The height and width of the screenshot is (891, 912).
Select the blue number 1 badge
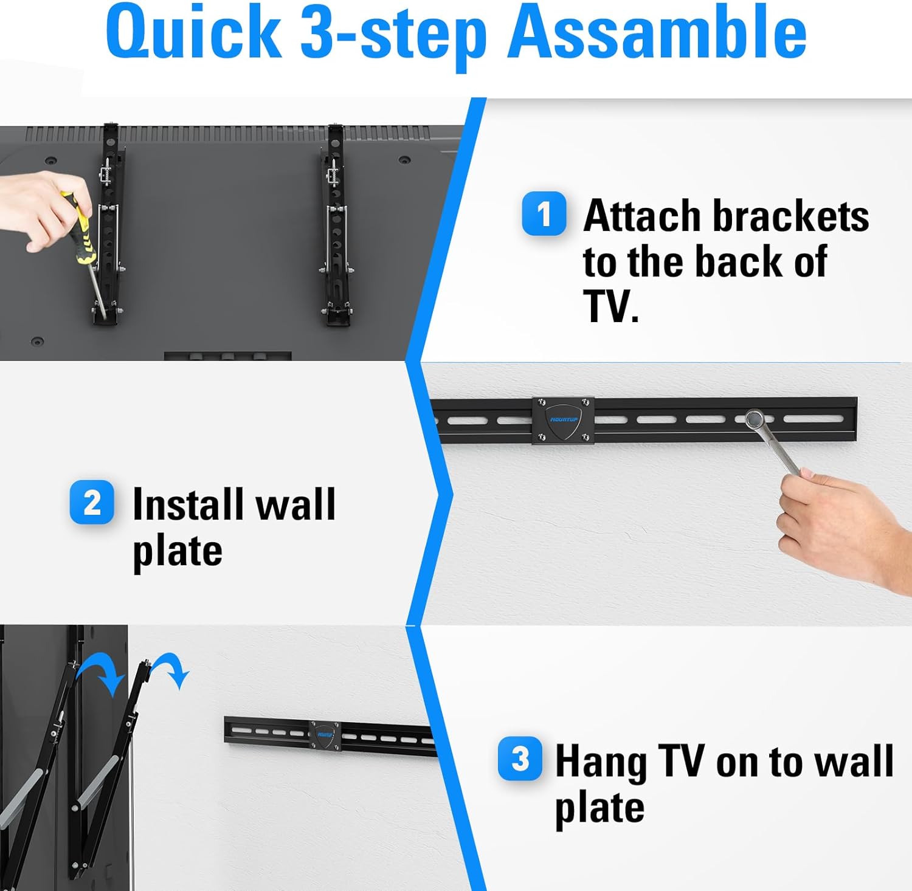(x=544, y=214)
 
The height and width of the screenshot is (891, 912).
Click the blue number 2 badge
(x=92, y=503)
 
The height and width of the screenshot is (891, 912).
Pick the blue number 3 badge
(x=520, y=759)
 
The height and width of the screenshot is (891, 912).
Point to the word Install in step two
(x=188, y=504)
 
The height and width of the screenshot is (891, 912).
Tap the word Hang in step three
(x=601, y=762)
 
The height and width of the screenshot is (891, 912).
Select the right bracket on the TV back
(x=335, y=225)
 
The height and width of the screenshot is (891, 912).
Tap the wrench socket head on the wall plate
(x=755, y=419)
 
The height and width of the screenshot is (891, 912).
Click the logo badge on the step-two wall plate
(x=563, y=420)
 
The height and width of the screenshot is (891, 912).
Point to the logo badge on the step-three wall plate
(x=324, y=736)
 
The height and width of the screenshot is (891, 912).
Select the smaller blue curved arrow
(x=171, y=669)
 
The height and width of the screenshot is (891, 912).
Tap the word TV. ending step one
(x=611, y=306)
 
